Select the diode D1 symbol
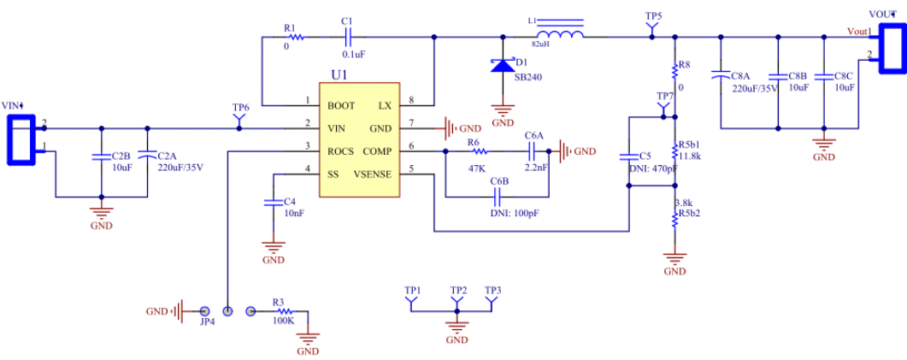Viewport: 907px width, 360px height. [503, 65]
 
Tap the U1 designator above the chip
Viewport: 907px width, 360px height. [340, 75]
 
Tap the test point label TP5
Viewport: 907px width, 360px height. [654, 16]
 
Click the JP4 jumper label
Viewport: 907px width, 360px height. [206, 323]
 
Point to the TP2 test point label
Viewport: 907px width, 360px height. [458, 290]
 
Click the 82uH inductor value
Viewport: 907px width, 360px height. [541, 43]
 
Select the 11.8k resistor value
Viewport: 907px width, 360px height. [691, 156]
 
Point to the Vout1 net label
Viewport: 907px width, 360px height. [857, 32]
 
